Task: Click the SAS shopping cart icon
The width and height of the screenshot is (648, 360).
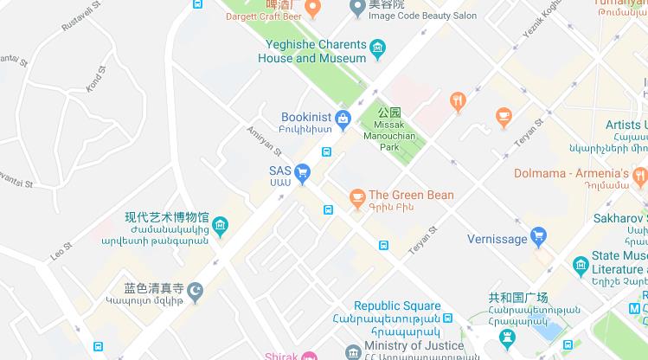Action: (x=302, y=174)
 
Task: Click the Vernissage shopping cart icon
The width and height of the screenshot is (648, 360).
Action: (x=538, y=236)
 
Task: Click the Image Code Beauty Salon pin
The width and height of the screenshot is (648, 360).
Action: (x=356, y=8)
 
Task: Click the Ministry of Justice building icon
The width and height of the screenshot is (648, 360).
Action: (x=352, y=353)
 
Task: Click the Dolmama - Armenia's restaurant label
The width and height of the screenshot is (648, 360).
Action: (x=581, y=173)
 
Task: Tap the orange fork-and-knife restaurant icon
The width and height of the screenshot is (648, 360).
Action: (x=458, y=101)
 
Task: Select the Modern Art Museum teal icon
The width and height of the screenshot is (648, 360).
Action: (x=220, y=228)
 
